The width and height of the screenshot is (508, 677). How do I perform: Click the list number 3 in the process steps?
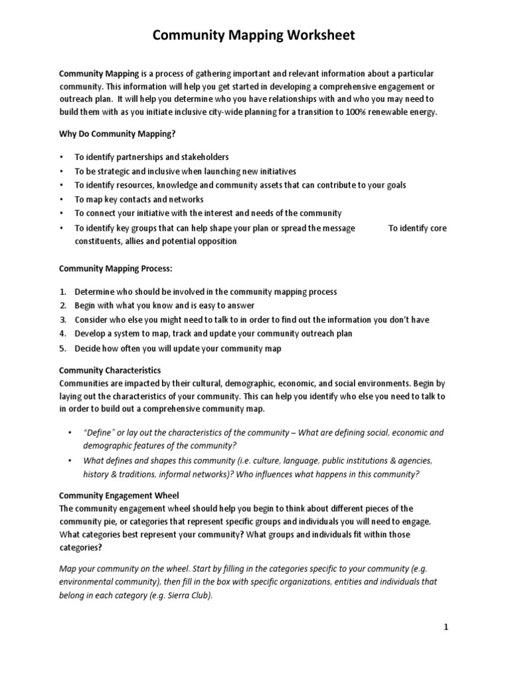click(63, 319)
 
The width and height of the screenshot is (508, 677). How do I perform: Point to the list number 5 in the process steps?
click(63, 348)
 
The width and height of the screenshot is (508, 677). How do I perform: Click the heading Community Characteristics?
click(110, 370)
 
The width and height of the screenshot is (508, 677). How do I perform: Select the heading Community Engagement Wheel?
click(119, 495)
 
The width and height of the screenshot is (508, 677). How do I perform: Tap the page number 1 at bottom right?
click(446, 627)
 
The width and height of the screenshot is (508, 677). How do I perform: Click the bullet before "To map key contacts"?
click(62, 199)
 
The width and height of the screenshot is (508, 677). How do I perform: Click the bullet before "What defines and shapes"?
click(71, 460)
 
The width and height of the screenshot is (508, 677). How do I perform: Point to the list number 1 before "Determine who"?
click(63, 291)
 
